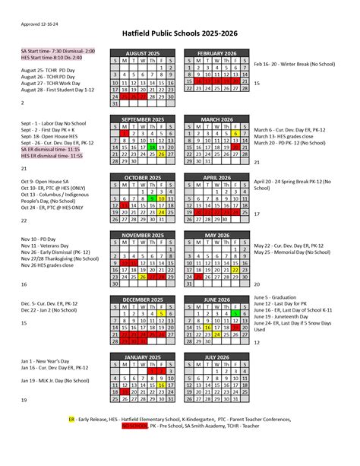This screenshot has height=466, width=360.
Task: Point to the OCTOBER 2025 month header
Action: click(x=143, y=177)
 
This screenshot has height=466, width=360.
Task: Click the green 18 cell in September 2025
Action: click(x=152, y=147)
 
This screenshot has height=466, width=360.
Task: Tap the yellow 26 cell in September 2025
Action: click(x=162, y=154)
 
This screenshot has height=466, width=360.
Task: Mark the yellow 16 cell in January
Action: click(x=162, y=385)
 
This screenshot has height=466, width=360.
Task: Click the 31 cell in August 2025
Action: click(x=115, y=104)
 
